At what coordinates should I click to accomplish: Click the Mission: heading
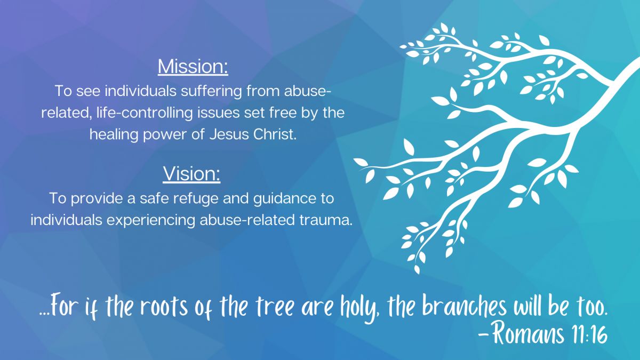[x=193, y=67]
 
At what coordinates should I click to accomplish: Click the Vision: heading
[x=191, y=174]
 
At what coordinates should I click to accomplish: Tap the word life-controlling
[x=145, y=113]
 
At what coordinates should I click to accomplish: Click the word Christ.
[x=275, y=134]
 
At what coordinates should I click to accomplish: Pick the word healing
[x=114, y=134]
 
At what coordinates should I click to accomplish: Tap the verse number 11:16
[x=589, y=334]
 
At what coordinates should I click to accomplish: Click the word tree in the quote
[x=275, y=307]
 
